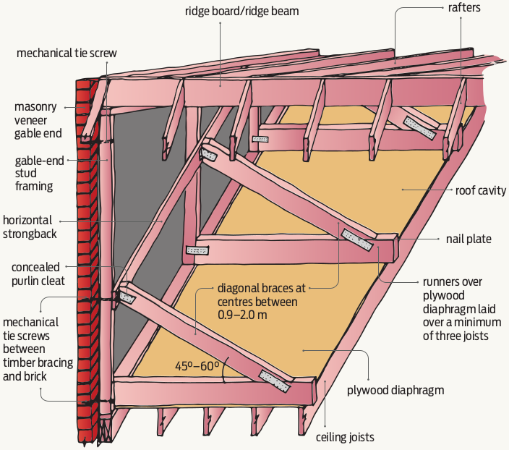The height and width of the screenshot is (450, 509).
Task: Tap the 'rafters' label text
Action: [x=474, y=9]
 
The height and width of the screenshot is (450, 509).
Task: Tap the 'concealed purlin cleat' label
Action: [x=35, y=274]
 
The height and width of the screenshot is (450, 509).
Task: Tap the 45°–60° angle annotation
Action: [x=197, y=366]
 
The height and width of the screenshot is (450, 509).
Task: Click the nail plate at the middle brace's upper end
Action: [x=210, y=155]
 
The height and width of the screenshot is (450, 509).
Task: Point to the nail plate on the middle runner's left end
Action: [x=196, y=250]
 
